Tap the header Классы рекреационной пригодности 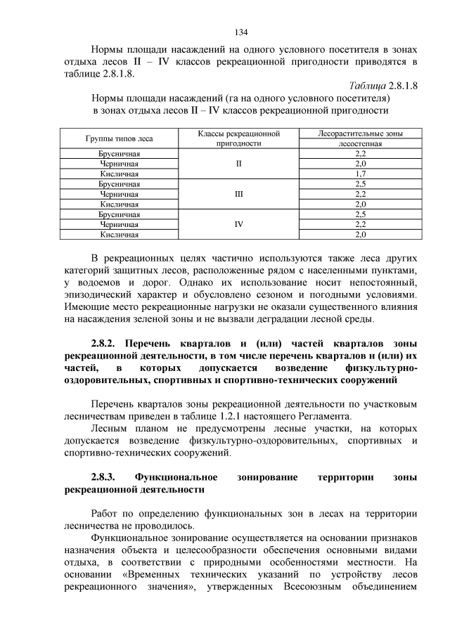pyautogui.click(x=239, y=138)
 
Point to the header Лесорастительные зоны pyautogui.click(x=360, y=133)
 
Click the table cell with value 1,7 pyautogui.click(x=360, y=174)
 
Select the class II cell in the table pyautogui.click(x=239, y=163)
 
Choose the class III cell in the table pyautogui.click(x=239, y=194)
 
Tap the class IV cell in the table pyautogui.click(x=239, y=224)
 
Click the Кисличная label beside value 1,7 pyautogui.click(x=120, y=174)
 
